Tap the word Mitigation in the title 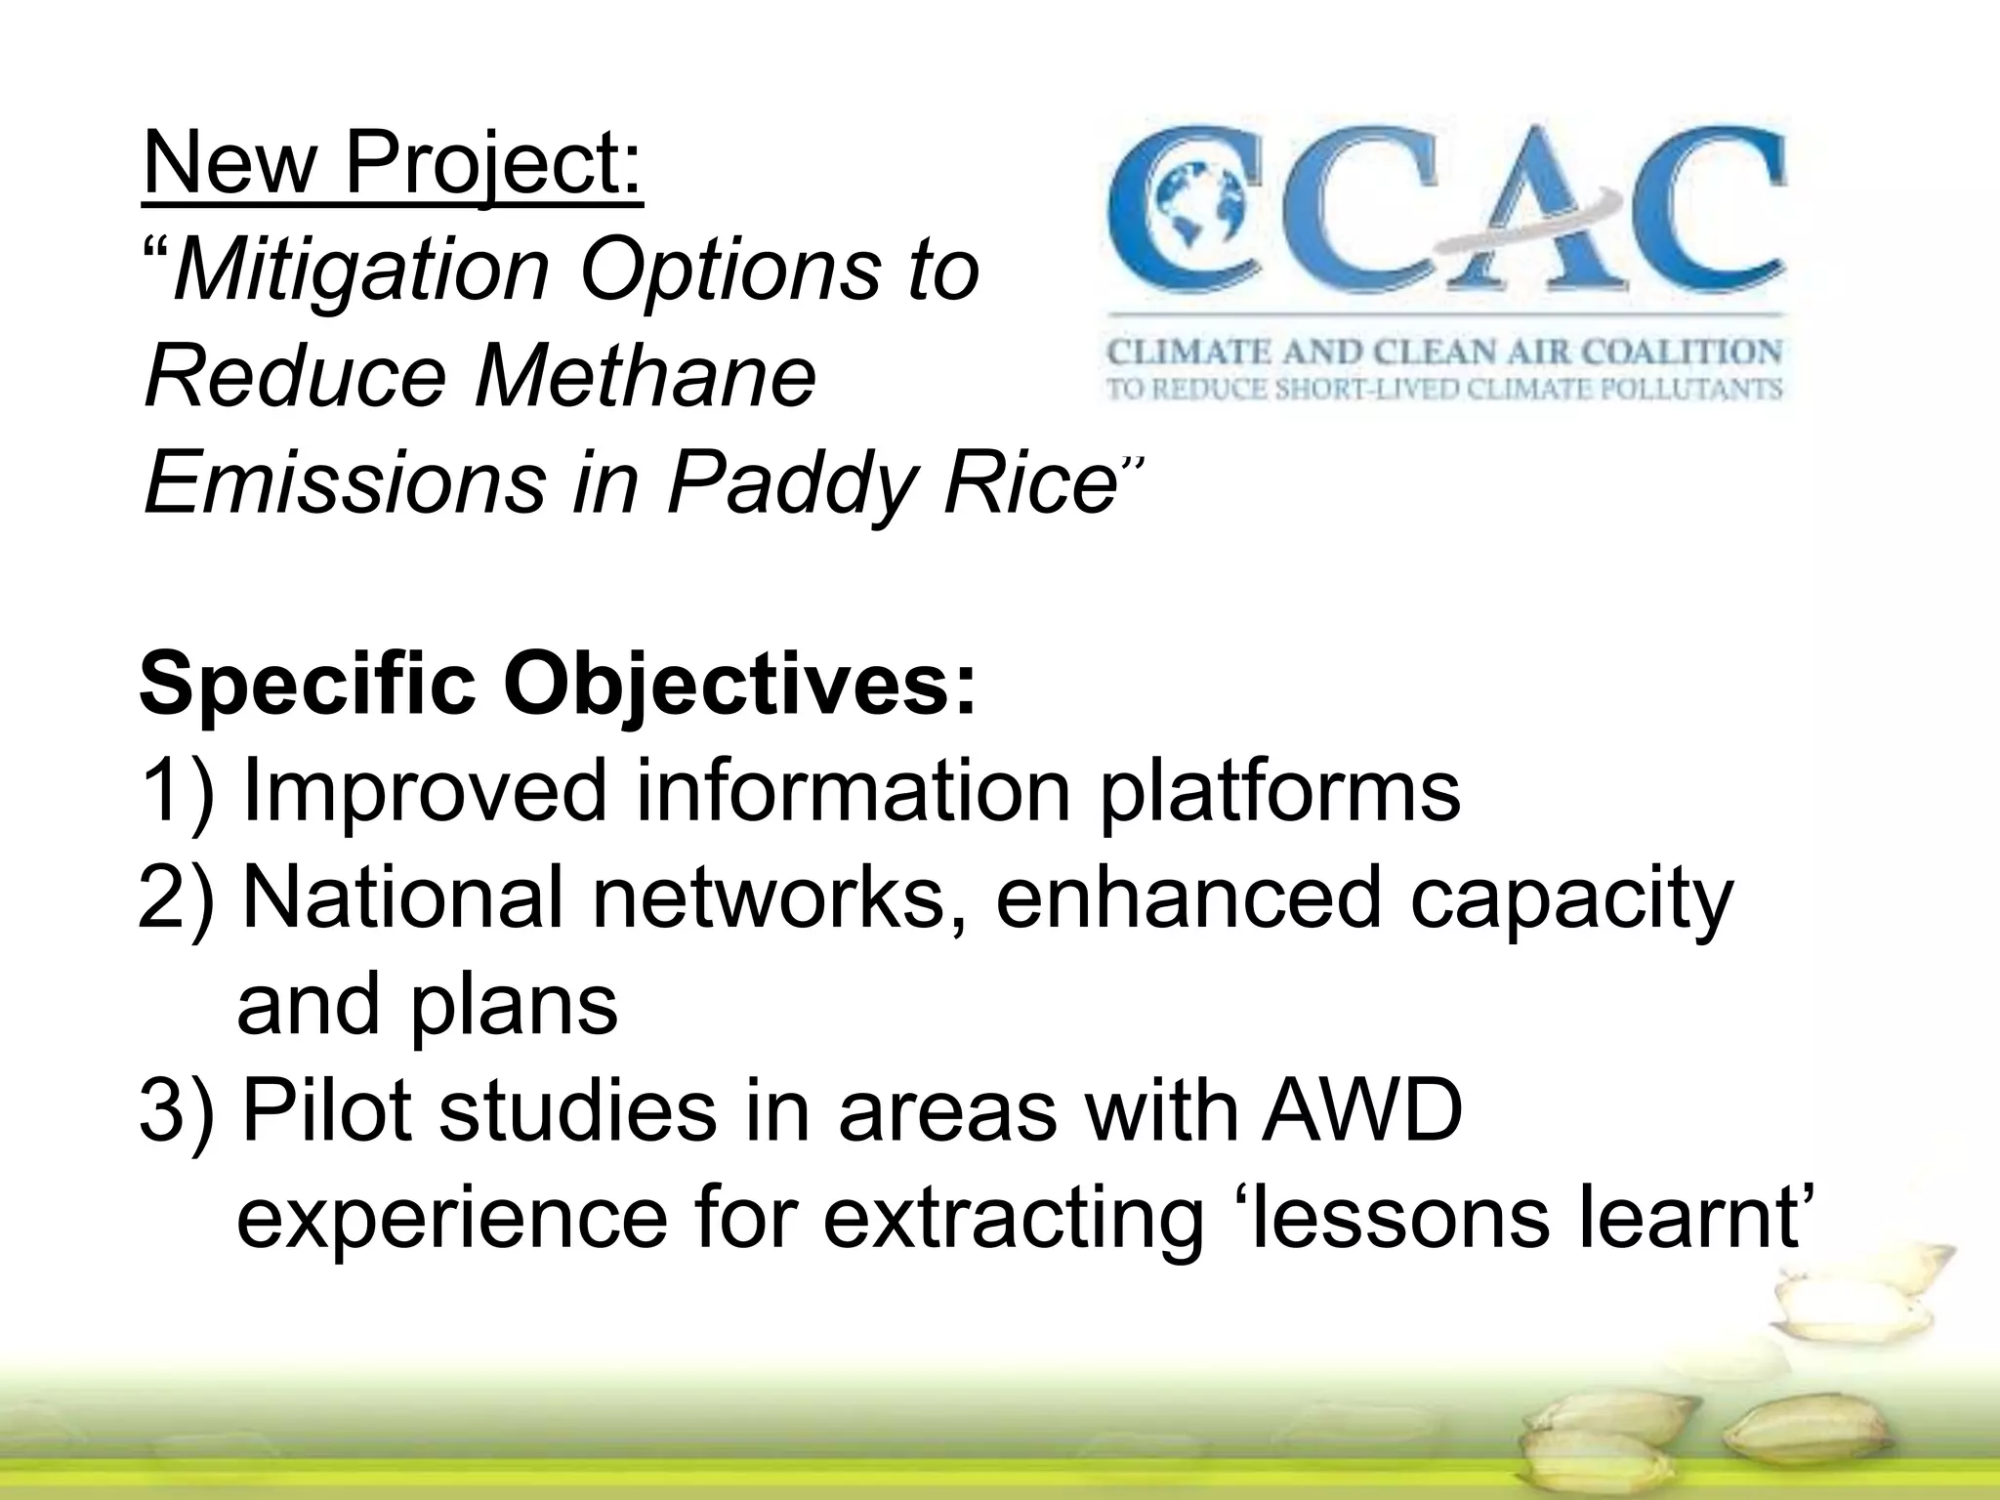[x=361, y=271]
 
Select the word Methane [x=645, y=377]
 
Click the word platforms [x=1279, y=793]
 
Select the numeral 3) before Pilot [x=176, y=1113]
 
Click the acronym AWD [x=1361, y=1113]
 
